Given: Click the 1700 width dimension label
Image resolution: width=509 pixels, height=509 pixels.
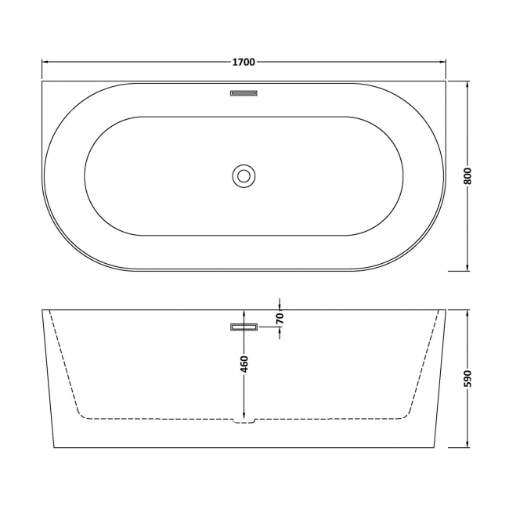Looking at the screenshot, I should (x=244, y=62).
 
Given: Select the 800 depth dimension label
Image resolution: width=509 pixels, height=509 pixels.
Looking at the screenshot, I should (x=468, y=175).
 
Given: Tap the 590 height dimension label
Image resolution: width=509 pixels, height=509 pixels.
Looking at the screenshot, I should (x=468, y=379).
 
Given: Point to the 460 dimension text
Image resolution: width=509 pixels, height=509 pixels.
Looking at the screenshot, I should (x=244, y=366).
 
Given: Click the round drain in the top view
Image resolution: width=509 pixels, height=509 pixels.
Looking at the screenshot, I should (x=244, y=175).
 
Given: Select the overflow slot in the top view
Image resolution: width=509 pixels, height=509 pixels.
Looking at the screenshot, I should (x=244, y=93).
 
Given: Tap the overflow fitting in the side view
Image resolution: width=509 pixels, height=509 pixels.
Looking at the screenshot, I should (x=244, y=326).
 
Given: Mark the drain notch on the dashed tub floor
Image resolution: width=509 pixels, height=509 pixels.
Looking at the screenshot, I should (x=244, y=421).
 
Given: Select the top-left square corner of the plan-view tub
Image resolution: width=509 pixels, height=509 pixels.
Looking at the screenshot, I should (x=42, y=80).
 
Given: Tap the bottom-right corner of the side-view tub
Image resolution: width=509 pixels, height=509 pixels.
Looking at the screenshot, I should (x=435, y=448).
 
